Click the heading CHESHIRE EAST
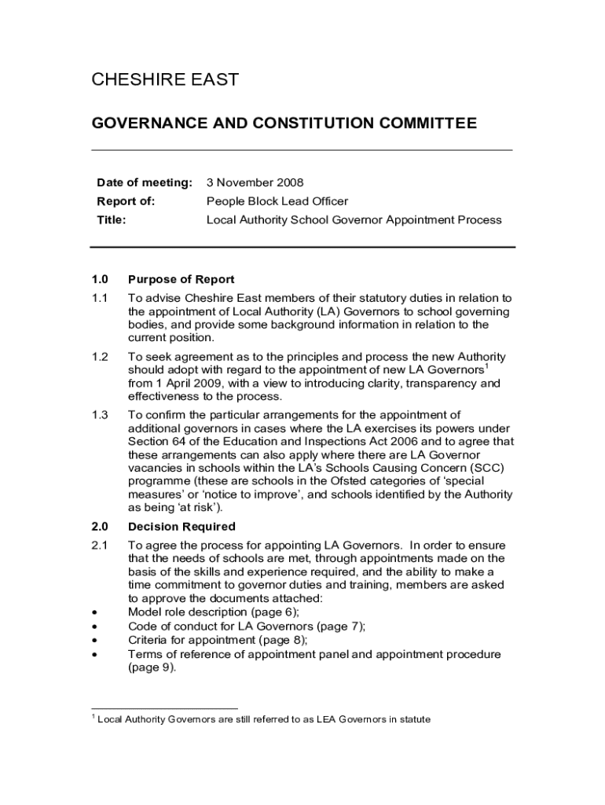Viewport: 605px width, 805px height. click(x=165, y=79)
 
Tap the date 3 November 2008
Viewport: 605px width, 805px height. click(x=255, y=182)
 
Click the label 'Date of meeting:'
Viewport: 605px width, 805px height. click(x=144, y=182)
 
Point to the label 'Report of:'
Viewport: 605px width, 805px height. click(x=126, y=201)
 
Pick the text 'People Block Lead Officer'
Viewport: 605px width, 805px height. click(x=277, y=201)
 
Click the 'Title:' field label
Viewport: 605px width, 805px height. click(x=112, y=220)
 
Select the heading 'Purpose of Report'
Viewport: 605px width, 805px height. click(x=181, y=279)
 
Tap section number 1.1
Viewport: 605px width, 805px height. click(x=99, y=298)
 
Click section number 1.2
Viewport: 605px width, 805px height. click(x=99, y=357)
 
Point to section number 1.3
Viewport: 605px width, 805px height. click(x=99, y=415)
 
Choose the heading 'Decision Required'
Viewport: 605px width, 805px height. click(x=181, y=527)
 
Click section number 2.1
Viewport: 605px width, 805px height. click(x=99, y=545)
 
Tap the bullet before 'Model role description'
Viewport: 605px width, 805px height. click(x=95, y=612)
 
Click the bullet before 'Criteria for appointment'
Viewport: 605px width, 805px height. click(x=95, y=641)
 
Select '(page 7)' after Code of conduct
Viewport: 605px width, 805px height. click(x=340, y=627)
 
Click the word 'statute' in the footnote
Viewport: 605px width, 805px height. click(x=413, y=719)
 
